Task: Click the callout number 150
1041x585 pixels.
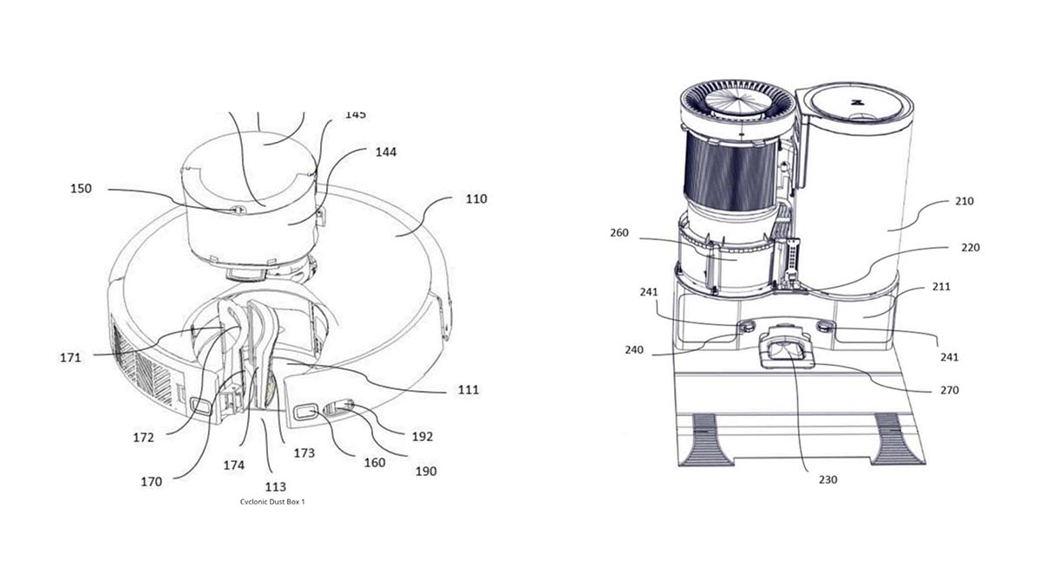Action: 81,189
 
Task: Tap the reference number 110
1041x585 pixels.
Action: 476,198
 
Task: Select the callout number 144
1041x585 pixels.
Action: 386,152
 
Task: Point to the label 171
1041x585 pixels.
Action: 70,357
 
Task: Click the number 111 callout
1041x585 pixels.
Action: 468,390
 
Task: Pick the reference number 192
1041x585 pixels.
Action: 422,437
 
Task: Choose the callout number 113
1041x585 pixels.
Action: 276,487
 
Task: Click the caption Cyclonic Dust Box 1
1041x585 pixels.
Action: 272,502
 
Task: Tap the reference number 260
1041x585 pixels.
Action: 619,232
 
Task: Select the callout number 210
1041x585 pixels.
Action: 965,201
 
